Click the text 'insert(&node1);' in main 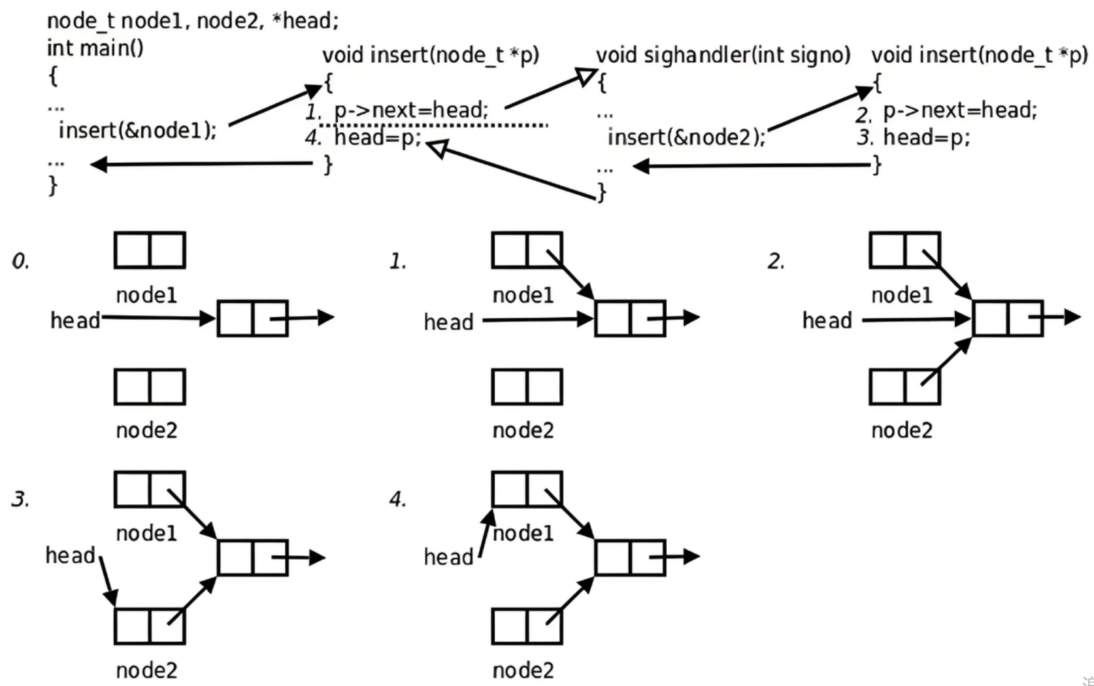click(x=137, y=130)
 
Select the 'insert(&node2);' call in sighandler click(x=686, y=137)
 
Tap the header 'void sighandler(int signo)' click(x=723, y=55)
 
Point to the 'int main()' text click(x=95, y=49)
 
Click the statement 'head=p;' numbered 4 click(x=378, y=137)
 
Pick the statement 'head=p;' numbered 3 click(x=927, y=137)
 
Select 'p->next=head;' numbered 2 click(x=959, y=111)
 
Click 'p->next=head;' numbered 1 click(x=411, y=110)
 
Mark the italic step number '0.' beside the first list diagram click(x=20, y=262)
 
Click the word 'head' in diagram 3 click(x=71, y=556)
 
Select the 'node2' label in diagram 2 click(x=902, y=430)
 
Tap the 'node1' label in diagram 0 click(x=146, y=295)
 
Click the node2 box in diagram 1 click(x=527, y=387)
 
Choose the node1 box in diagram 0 click(x=150, y=250)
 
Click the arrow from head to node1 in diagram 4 click(x=486, y=533)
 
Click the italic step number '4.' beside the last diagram click(x=398, y=500)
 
